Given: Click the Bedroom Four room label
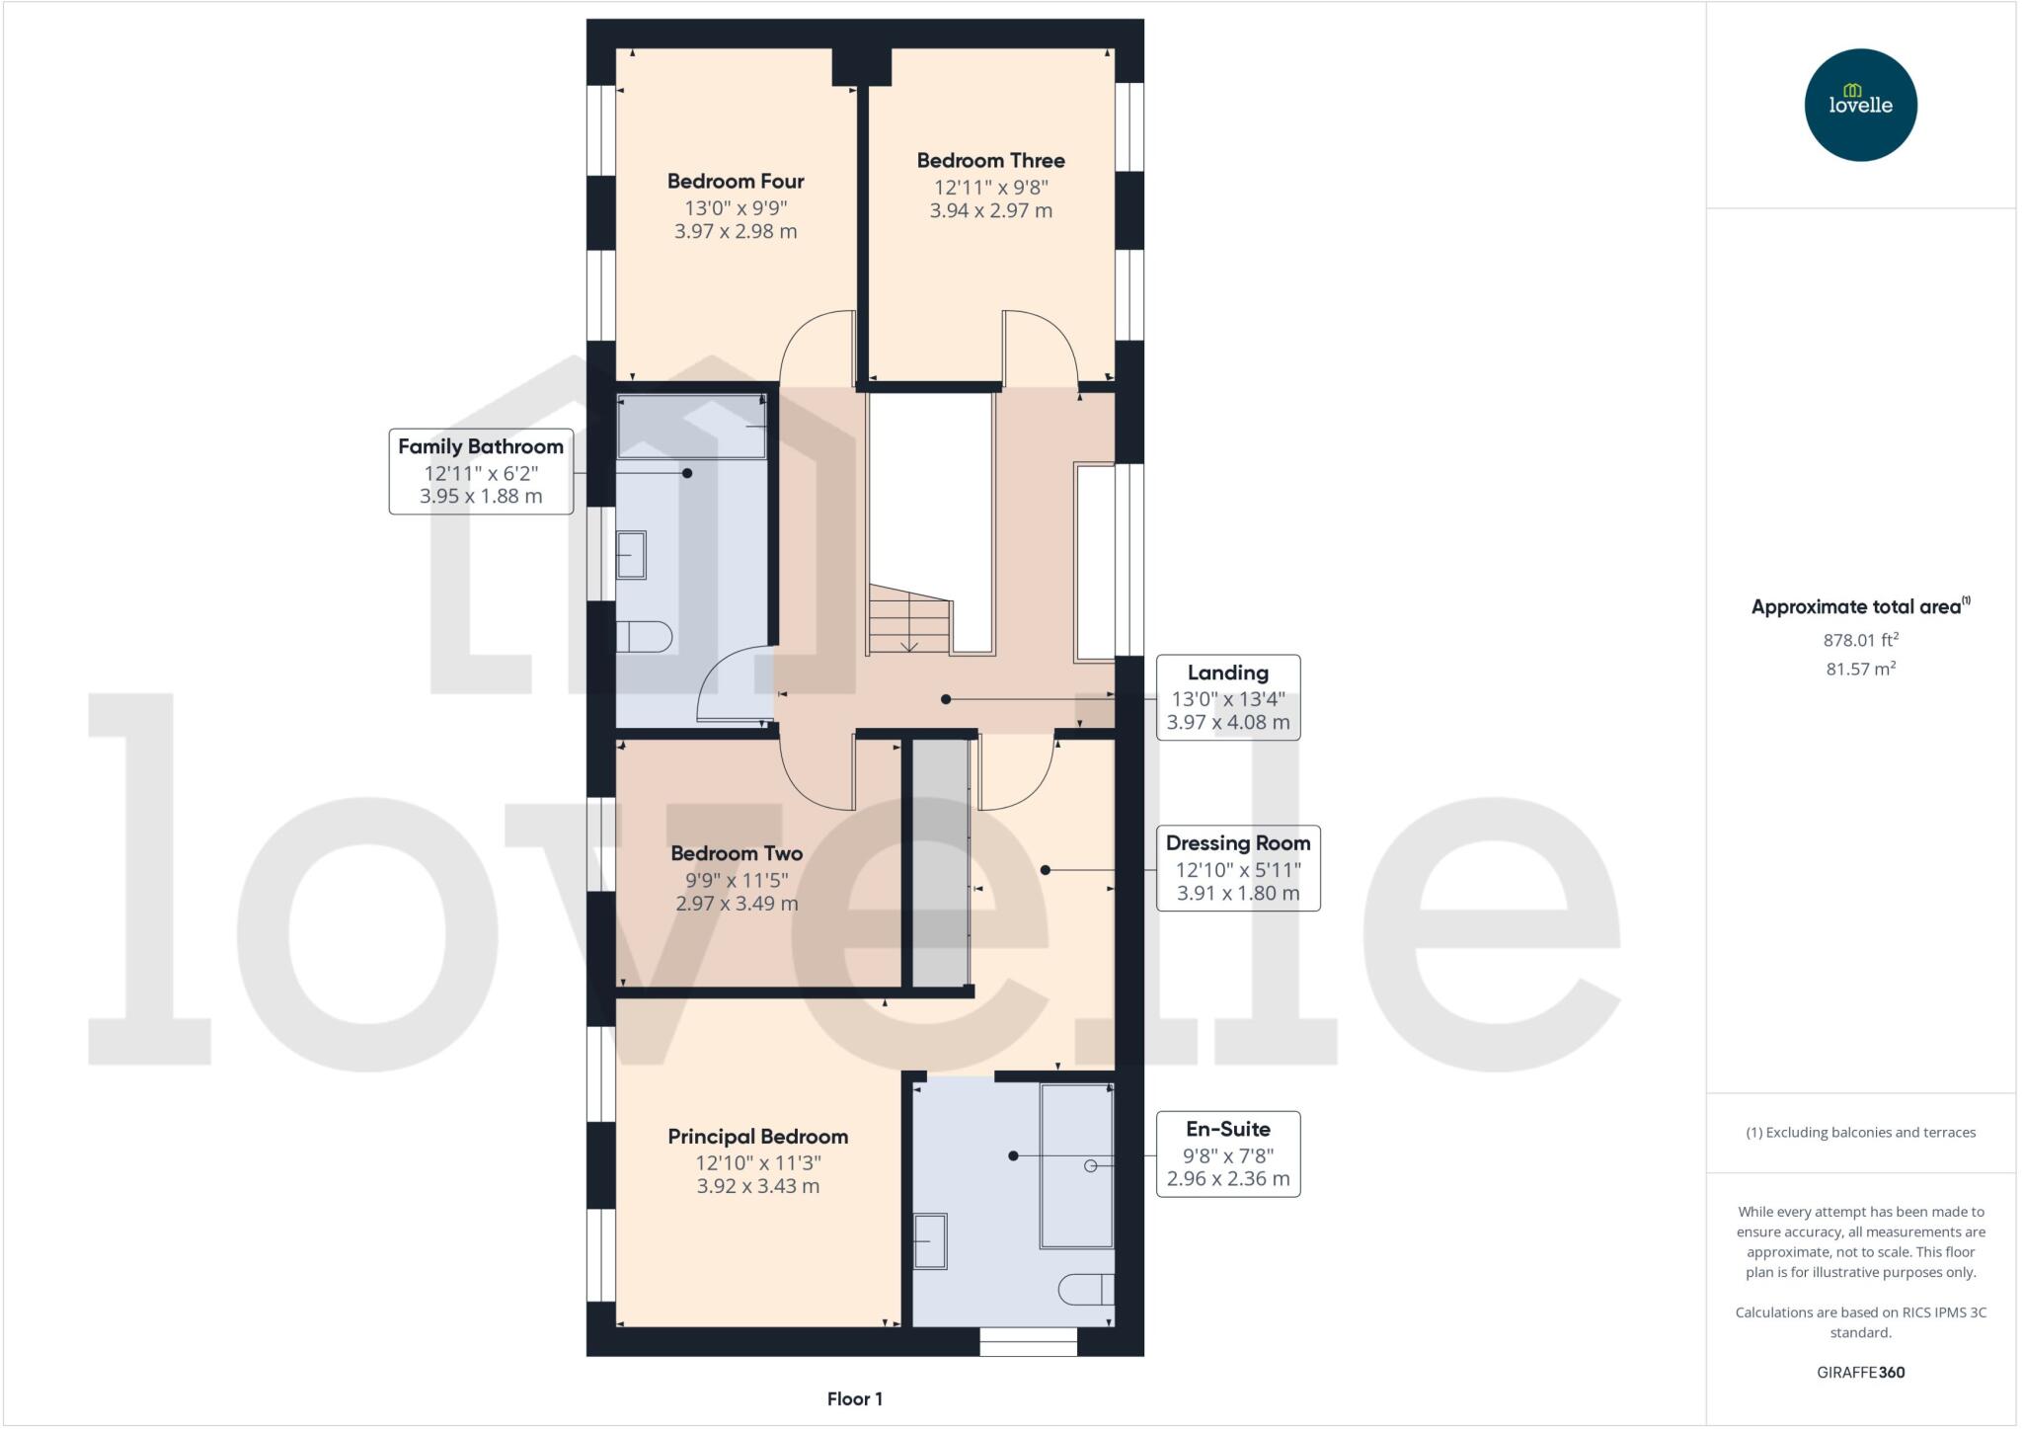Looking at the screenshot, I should [736, 182].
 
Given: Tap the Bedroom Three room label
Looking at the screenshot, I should [990, 161].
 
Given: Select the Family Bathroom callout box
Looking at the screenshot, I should [481, 471].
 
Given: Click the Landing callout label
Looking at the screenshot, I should [1227, 674].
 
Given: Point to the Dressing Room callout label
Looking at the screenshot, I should [1237, 843].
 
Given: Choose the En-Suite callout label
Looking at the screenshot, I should [1227, 1129].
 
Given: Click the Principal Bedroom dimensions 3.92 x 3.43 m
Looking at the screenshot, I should [757, 1186].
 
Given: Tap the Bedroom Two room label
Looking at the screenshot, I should [736, 853].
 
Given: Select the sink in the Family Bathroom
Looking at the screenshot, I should [631, 554].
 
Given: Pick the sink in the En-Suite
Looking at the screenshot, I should [929, 1240].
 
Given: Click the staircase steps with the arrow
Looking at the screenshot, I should [909, 621].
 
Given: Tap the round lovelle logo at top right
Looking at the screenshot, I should [1860, 105].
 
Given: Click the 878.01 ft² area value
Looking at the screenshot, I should [1860, 640].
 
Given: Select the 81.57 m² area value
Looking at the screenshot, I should [1860, 669].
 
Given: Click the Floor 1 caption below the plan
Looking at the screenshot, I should [854, 1398].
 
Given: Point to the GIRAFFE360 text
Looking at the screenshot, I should [1860, 1372].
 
